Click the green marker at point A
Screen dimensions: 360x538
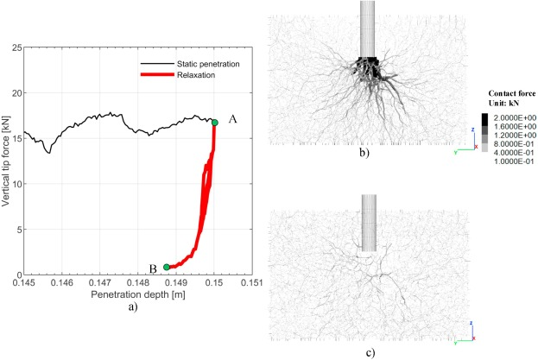pyautogui.click(x=215, y=123)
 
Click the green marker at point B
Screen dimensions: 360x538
pyautogui.click(x=167, y=267)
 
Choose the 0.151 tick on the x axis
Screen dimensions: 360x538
pyautogui.click(x=251, y=281)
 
